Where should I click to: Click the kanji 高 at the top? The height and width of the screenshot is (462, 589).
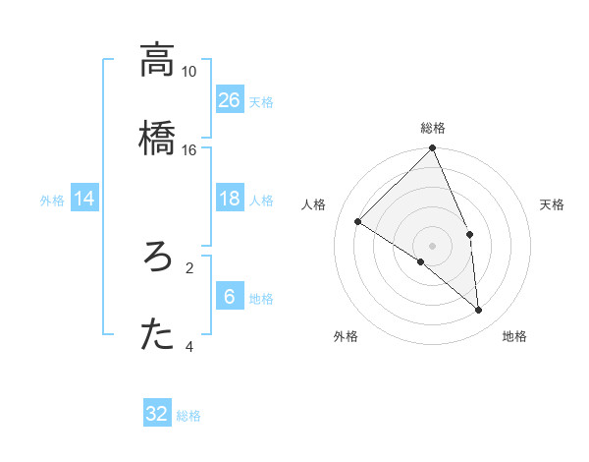pos(157,60)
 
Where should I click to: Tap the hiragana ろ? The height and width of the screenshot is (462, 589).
pos(157,259)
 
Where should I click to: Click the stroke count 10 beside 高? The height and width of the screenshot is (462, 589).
pos(188,72)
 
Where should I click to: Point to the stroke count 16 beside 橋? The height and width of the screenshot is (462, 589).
pos(188,150)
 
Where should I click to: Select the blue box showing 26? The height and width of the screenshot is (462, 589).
pos(230,99)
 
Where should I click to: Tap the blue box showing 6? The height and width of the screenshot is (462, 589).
pos(230,298)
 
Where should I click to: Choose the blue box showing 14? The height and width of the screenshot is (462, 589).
pos(84,200)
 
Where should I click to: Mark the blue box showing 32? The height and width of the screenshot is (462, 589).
pos(157,414)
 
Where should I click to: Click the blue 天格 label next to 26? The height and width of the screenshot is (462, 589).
pos(261,101)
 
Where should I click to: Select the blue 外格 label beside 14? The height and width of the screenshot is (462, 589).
pos(52,201)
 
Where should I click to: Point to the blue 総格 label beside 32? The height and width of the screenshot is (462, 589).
pos(188,416)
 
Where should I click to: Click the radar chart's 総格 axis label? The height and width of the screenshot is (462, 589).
pos(433,128)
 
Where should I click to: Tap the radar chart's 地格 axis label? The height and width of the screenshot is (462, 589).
pos(514,336)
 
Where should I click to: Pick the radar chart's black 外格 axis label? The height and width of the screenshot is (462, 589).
pos(346,336)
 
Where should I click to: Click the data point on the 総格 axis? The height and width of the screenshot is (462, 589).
pos(432,149)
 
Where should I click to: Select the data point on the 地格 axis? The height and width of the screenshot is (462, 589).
pos(479,311)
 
